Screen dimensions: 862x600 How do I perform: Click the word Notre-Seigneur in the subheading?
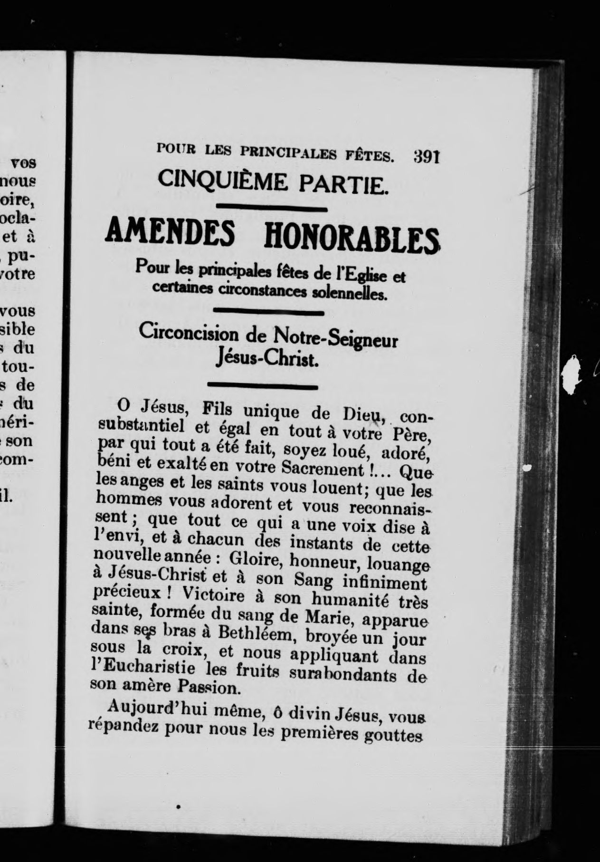pos(335,339)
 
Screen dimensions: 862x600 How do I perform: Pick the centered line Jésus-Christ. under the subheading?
pos(266,359)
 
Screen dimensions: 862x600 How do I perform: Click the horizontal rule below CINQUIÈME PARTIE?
pos(271,207)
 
